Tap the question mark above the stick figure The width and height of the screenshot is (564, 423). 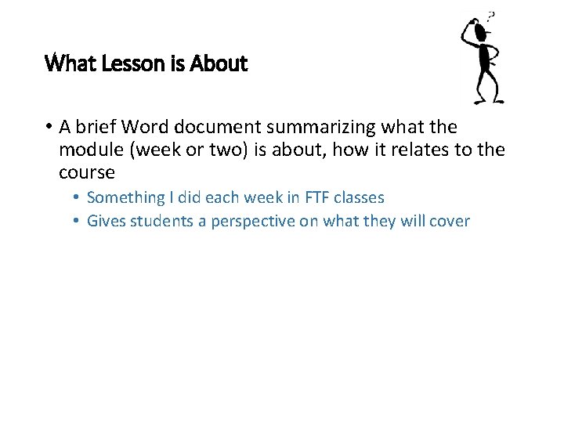(491, 16)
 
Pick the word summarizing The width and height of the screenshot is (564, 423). (341, 128)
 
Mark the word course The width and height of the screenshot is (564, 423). (87, 172)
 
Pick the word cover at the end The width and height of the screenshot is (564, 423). (450, 221)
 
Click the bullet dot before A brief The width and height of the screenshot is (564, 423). (49, 128)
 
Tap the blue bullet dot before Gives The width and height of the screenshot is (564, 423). (77, 221)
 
